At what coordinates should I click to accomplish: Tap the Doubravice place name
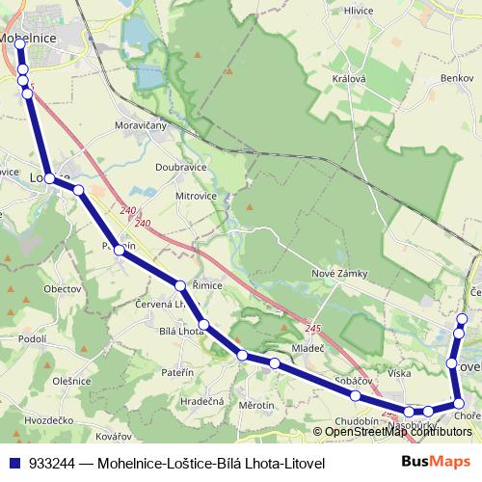pyautogui.click(x=181, y=166)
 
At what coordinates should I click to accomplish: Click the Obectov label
pyautogui.click(x=62, y=288)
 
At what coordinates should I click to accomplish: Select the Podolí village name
pyautogui.click(x=32, y=338)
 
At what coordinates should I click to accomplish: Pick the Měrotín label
pyautogui.click(x=256, y=406)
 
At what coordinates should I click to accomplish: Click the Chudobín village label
pyautogui.click(x=357, y=421)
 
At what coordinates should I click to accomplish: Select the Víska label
pyautogui.click(x=399, y=371)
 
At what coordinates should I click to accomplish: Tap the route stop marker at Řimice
pyautogui.click(x=180, y=284)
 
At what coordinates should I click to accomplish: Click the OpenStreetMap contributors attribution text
pyautogui.click(x=392, y=431)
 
